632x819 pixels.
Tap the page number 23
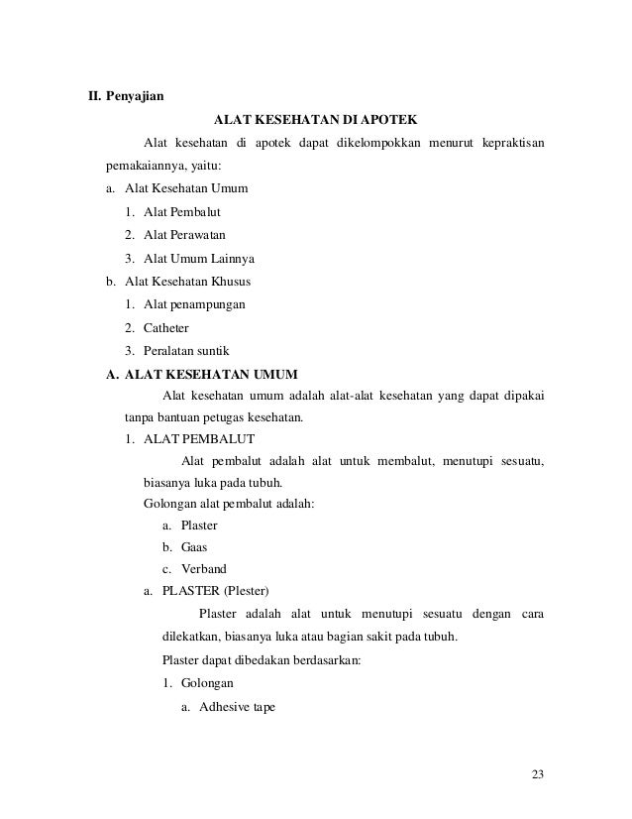tap(538, 774)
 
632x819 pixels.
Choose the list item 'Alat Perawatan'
tap(184, 235)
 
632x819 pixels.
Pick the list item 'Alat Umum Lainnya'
tap(198, 259)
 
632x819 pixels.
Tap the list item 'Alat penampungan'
tap(195, 304)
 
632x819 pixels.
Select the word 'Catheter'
tap(166, 327)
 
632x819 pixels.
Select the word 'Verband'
tap(202, 569)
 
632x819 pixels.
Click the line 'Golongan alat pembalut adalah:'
tap(229, 503)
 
